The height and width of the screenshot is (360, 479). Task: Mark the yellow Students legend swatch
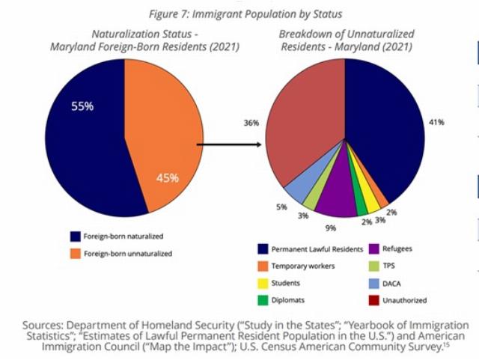262,283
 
